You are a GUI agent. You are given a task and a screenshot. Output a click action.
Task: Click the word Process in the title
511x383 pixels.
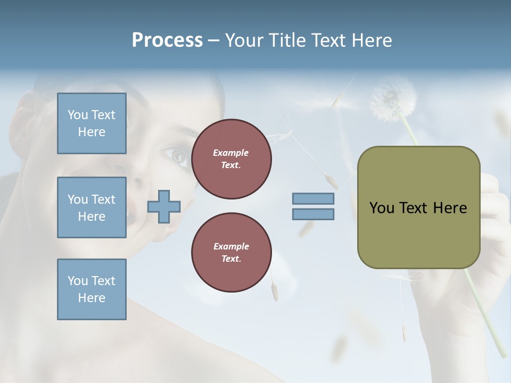tap(167, 40)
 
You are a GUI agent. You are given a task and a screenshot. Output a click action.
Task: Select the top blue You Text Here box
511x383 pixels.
tap(92, 123)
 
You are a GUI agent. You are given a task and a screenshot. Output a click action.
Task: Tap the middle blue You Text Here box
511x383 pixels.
tap(92, 207)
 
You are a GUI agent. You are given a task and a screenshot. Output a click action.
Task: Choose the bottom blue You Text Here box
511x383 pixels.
tap(92, 289)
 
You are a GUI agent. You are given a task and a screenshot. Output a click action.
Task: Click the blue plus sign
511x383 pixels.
tap(163, 206)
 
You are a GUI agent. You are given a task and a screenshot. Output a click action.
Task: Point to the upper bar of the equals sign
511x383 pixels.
tap(313, 198)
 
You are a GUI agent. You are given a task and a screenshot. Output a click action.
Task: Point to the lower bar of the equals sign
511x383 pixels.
tap(313, 214)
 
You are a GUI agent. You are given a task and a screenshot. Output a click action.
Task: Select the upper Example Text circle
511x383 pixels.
tap(231, 159)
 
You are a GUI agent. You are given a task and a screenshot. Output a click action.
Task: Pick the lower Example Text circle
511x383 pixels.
tap(231, 253)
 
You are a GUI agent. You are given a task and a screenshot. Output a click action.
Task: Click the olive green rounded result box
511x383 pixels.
tap(418, 207)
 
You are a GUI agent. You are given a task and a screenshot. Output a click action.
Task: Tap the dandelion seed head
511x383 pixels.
tap(393, 99)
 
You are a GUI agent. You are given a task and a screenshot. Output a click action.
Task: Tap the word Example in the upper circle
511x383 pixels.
tap(231, 153)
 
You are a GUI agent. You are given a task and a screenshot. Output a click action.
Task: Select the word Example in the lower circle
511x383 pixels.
tap(231, 246)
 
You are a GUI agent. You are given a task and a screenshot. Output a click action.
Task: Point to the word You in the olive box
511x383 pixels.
tap(382, 207)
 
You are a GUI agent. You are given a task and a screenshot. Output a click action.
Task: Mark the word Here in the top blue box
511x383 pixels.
tap(92, 132)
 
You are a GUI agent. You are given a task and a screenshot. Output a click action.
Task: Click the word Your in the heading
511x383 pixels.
tap(243, 40)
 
